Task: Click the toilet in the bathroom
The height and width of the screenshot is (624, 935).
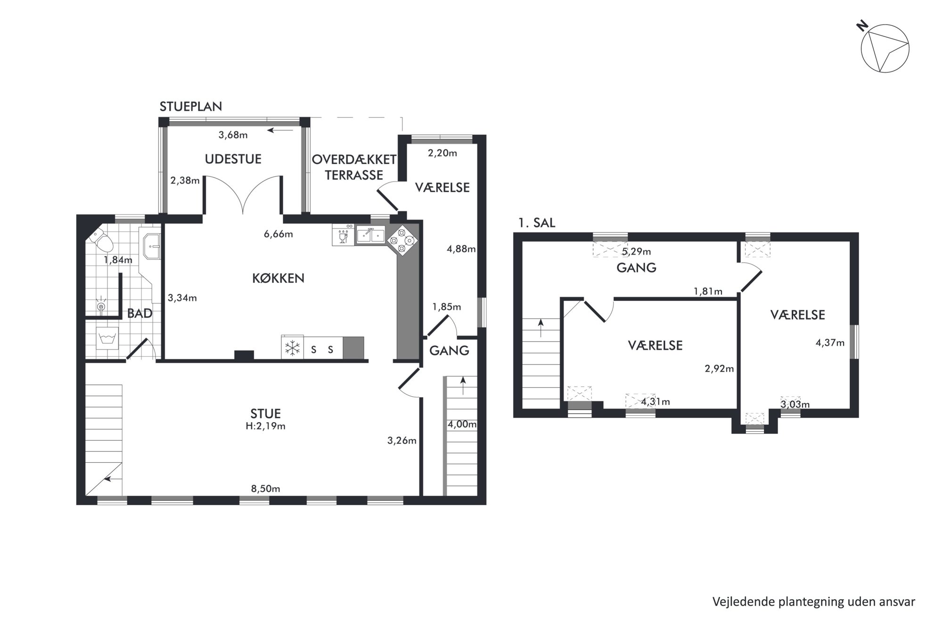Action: [102, 241]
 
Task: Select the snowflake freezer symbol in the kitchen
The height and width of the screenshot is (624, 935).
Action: [293, 349]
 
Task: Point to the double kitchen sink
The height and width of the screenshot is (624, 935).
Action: [371, 234]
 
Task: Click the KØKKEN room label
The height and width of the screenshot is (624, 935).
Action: [278, 278]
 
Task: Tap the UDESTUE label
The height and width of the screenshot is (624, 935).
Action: [233, 159]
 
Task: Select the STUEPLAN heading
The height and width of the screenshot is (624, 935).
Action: [191, 107]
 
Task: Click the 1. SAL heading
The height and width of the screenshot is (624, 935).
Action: [537, 223]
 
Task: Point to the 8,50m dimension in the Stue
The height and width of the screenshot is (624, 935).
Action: [265, 489]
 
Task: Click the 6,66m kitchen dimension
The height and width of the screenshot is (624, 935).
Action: [278, 234]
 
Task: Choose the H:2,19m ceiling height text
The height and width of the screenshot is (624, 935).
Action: [265, 426]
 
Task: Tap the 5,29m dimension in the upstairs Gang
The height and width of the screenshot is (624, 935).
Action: [636, 251]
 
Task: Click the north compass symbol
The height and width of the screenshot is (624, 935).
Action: [884, 48]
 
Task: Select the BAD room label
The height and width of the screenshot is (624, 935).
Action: [140, 313]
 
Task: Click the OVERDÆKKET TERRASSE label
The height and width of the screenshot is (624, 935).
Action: [354, 167]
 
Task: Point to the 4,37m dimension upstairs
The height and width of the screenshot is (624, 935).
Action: [830, 343]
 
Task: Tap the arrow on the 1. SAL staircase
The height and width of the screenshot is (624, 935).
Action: [541, 328]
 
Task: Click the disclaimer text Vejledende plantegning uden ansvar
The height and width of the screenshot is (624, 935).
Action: [814, 602]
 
